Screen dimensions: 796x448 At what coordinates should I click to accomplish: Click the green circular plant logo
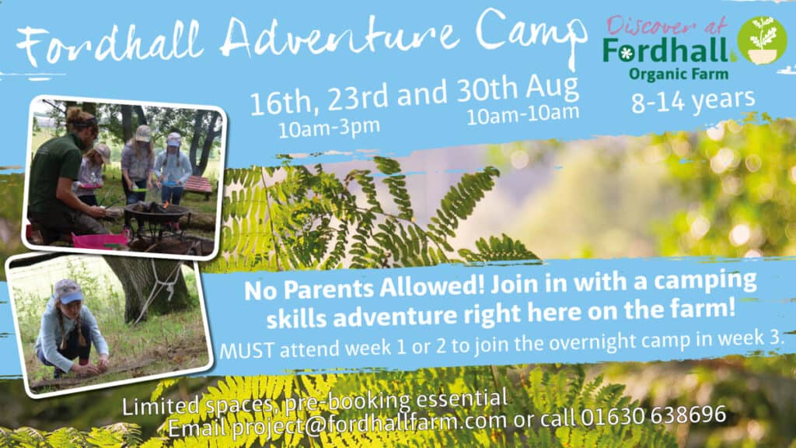[x=762, y=40]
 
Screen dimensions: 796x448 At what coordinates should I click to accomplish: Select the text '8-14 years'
[x=693, y=100]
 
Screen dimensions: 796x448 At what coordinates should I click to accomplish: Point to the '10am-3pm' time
[x=329, y=128]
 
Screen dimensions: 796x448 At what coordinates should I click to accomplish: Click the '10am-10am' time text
[x=523, y=115]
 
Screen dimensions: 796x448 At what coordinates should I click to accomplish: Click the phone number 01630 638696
[x=653, y=416]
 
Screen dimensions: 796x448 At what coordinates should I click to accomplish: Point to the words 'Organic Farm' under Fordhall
[x=679, y=74]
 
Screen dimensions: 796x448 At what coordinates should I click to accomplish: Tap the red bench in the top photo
[x=198, y=185]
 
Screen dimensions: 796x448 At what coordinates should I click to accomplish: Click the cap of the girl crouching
[x=68, y=291]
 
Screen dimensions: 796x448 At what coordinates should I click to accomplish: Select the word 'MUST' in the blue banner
[x=246, y=351]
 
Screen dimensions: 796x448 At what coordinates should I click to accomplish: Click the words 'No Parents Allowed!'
[x=364, y=288]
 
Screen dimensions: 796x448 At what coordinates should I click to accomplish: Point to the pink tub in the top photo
[x=100, y=240]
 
